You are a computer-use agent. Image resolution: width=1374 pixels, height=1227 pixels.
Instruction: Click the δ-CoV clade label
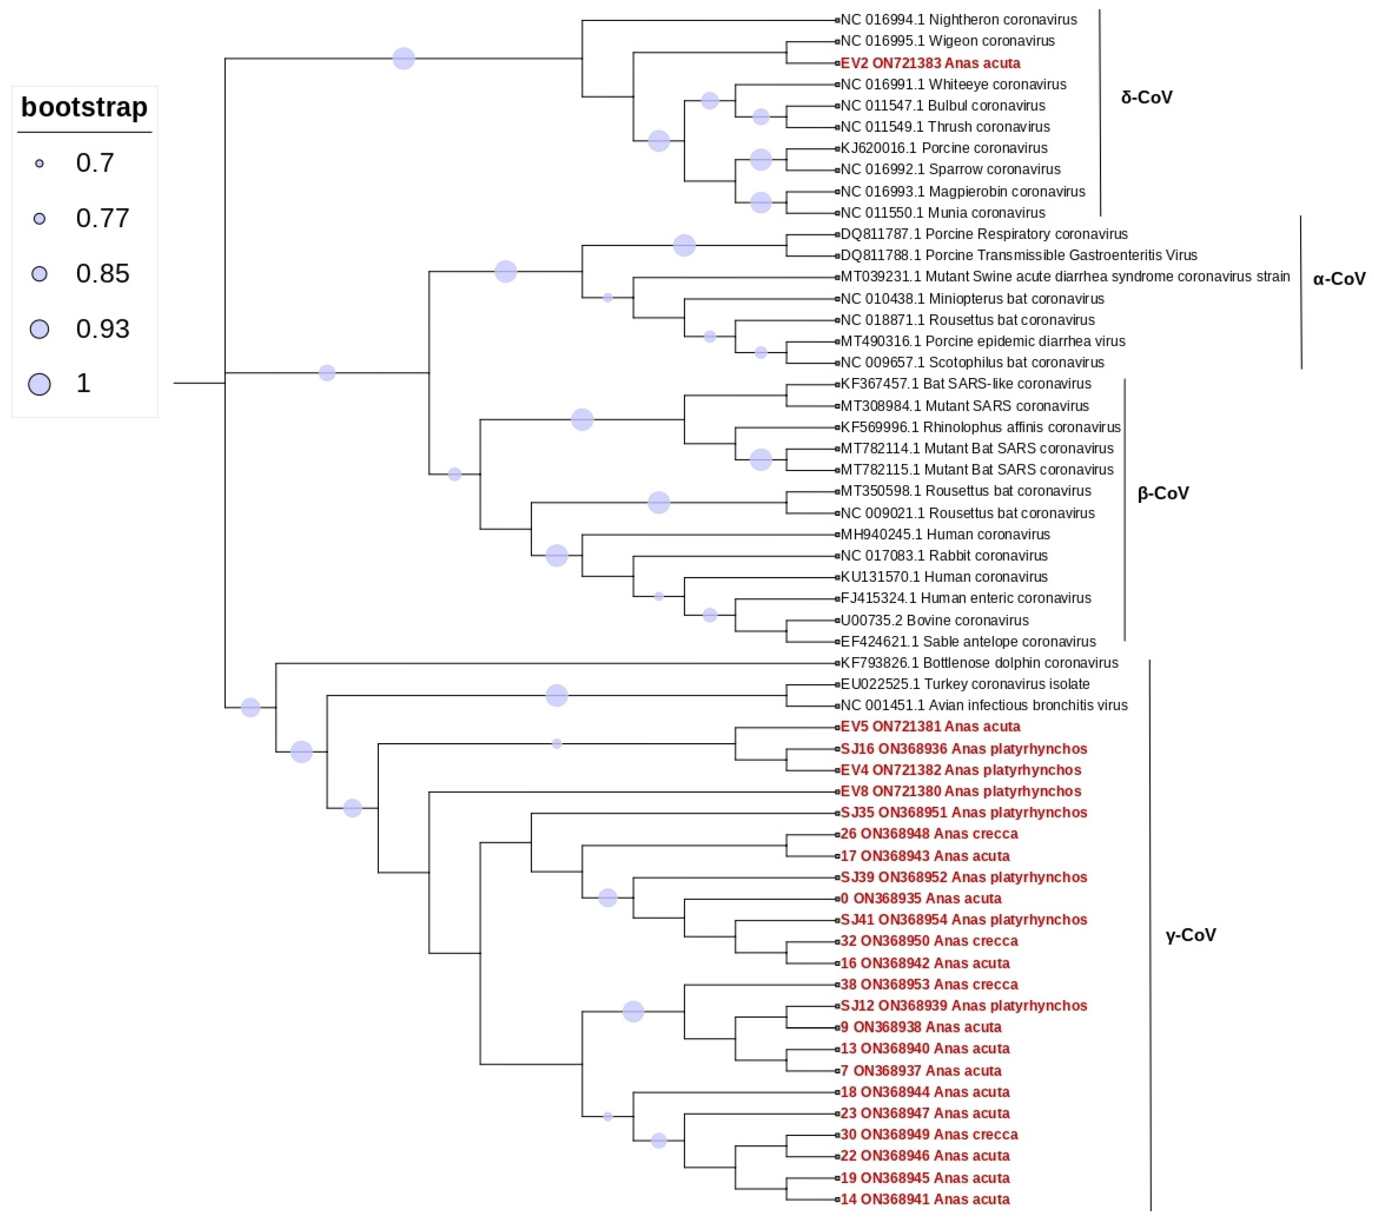[1146, 97]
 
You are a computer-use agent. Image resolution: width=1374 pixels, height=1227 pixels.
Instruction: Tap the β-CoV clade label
[1163, 494]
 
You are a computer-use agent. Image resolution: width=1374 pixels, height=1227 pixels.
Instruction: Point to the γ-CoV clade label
[1190, 935]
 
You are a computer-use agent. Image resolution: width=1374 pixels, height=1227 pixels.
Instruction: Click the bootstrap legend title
[84, 107]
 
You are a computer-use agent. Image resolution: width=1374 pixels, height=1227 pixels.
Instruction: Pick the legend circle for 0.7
[40, 163]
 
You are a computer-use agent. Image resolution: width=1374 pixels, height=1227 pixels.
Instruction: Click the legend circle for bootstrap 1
[40, 384]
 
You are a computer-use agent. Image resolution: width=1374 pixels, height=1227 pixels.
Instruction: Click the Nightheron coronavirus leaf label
[958, 20]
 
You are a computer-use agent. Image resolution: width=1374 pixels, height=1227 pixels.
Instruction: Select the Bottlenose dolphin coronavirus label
[979, 663]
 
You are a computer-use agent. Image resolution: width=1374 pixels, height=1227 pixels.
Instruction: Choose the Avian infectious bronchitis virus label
[984, 705]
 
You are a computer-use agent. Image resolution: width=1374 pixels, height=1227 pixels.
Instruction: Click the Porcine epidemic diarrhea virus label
[982, 341]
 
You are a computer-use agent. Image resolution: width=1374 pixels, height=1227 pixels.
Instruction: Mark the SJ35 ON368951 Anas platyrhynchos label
[963, 813]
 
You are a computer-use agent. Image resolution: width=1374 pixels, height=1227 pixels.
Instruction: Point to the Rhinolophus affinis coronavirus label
[980, 427]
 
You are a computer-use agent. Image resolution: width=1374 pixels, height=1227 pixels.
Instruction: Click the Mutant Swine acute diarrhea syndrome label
[1064, 277]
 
